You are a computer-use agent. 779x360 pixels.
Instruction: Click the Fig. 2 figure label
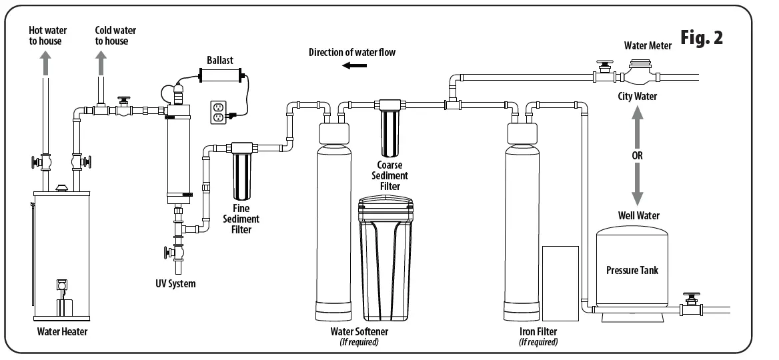pyautogui.click(x=702, y=38)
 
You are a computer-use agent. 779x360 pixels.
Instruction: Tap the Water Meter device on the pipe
pyautogui.click(x=640, y=72)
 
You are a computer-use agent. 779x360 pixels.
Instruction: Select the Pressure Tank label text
pyautogui.click(x=632, y=270)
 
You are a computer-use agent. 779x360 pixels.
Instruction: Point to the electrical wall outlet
pyautogui.click(x=218, y=112)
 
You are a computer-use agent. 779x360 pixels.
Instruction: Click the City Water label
pyautogui.click(x=637, y=97)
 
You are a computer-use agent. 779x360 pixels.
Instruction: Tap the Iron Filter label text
pyautogui.click(x=538, y=331)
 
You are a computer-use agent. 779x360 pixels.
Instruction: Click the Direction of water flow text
pyautogui.click(x=351, y=52)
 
